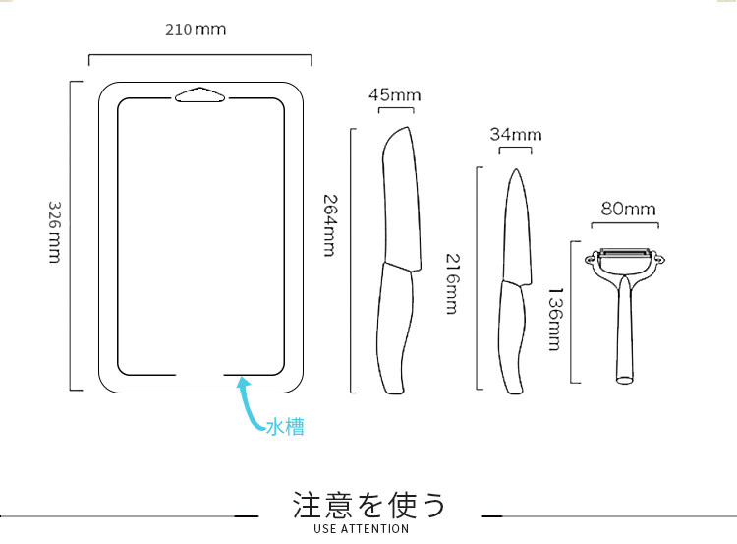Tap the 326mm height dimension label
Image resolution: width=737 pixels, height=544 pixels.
point(55,235)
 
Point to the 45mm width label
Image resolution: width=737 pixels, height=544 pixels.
point(394,95)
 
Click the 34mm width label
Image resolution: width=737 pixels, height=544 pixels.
point(516,135)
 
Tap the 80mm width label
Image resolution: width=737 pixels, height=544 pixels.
point(628,210)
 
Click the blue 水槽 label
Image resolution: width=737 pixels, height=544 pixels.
point(285,428)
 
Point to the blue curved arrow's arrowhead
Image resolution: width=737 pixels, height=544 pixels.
point(242,386)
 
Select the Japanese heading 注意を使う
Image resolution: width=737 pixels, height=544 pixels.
point(369,505)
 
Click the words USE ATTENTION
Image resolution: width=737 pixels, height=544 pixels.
point(361,529)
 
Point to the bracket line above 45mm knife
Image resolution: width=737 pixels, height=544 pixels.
point(395,111)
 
